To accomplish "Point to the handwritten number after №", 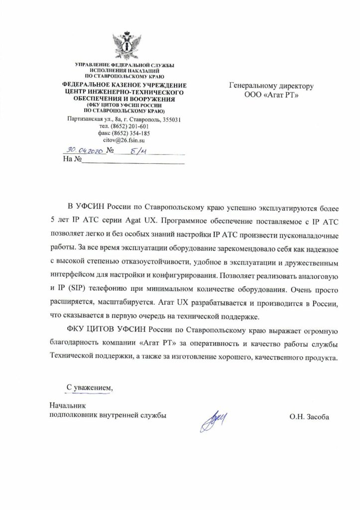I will tap(133, 151).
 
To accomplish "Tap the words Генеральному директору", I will tap(271, 86).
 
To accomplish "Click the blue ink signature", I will tap(213, 415).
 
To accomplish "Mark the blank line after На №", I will tap(132, 161).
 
